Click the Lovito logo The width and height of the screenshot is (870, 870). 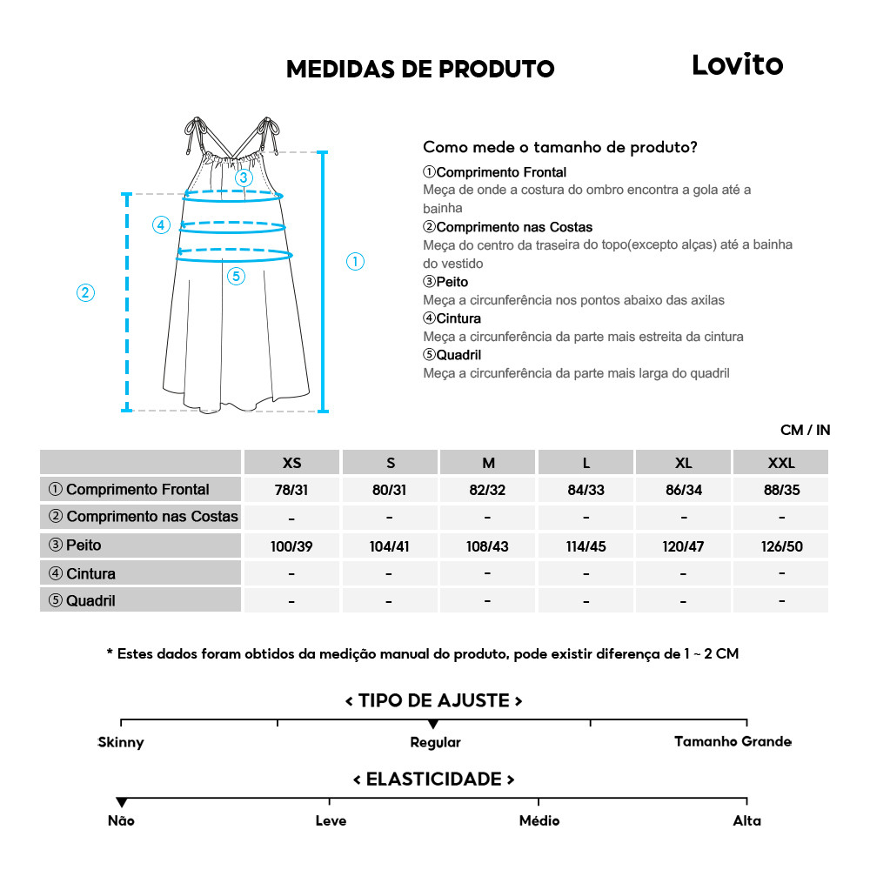[737, 64]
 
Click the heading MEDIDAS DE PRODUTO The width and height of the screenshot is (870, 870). [420, 70]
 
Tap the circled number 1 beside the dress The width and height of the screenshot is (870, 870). [355, 261]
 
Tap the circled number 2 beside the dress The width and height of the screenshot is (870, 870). [85, 292]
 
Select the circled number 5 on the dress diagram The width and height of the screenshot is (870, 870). [237, 277]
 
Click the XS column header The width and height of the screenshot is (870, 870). [291, 463]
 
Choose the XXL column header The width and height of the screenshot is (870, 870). [781, 463]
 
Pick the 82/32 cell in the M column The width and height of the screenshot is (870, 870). [487, 490]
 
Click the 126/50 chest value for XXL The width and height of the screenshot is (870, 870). [781, 547]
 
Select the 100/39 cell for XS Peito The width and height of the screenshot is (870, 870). [291, 547]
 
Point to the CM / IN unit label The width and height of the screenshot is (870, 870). [805, 430]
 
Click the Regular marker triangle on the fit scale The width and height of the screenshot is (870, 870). [433, 725]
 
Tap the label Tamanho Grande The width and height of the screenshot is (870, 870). [733, 741]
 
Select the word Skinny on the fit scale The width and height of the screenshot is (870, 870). [121, 742]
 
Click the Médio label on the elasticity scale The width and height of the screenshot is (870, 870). [539, 820]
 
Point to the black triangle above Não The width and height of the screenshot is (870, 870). [121, 802]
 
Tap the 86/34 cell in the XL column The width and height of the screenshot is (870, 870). [684, 490]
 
